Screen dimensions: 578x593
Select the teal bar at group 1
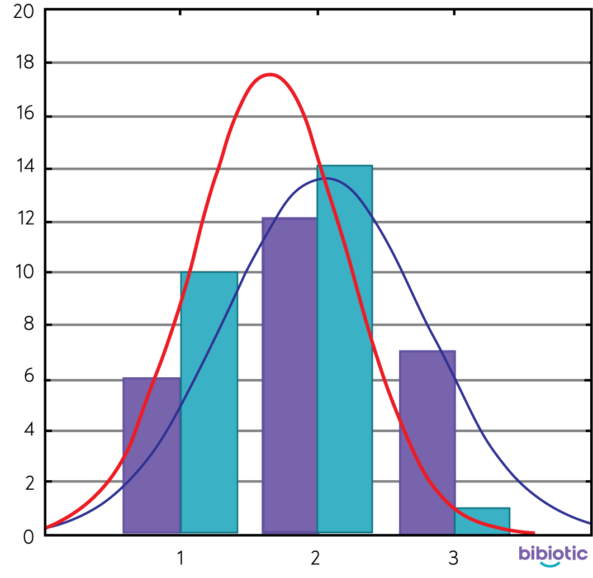209,402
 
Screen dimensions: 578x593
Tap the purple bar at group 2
290,375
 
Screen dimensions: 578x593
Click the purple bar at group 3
427,442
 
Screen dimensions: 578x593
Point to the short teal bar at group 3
482,520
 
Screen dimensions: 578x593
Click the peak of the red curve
270,74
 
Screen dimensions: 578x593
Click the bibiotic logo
553,555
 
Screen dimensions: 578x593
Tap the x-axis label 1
180,558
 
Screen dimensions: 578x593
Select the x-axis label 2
316,558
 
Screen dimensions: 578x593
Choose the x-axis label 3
453,558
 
